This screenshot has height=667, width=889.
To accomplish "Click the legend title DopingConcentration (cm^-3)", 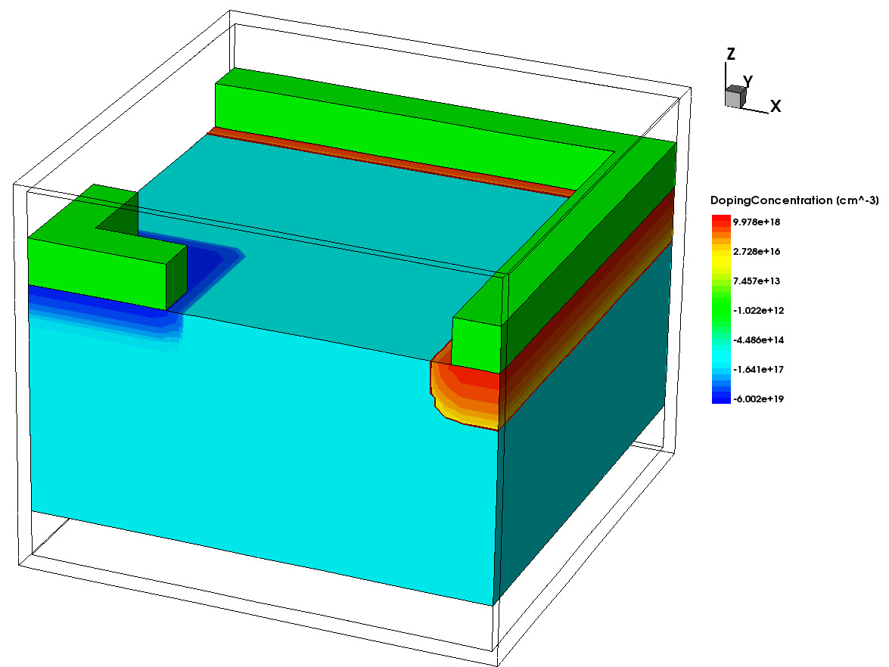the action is [794, 200].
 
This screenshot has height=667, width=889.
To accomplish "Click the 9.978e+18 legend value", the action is [757, 222].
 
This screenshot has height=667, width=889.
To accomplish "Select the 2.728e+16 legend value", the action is [757, 251].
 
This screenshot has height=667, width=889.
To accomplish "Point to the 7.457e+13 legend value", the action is [757, 281].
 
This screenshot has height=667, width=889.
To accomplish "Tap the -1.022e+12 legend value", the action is [759, 310].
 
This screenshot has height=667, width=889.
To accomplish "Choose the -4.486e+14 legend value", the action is [759, 340].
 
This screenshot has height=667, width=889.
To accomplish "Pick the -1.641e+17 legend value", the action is [759, 369].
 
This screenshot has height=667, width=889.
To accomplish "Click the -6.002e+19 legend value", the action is [759, 399].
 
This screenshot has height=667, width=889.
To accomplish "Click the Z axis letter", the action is [731, 54].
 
